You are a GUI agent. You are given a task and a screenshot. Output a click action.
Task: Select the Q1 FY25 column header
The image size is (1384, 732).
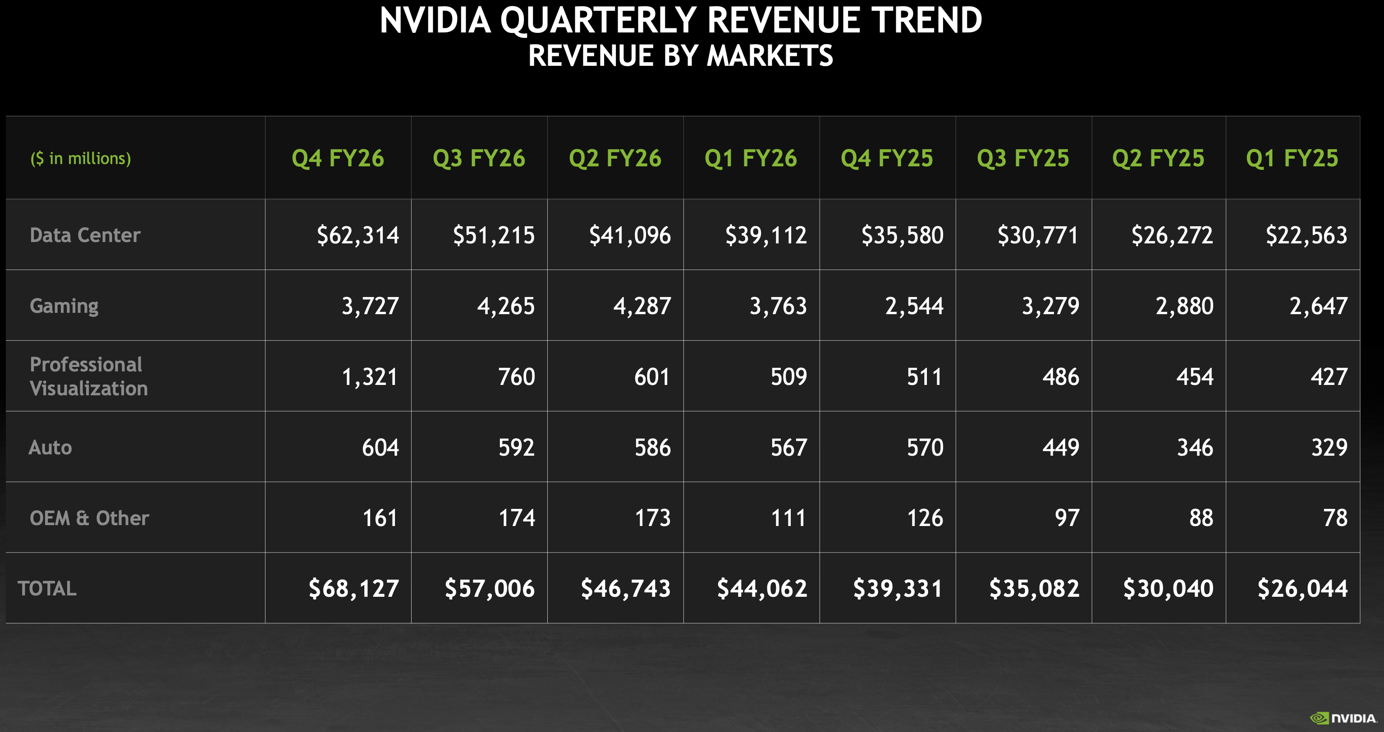pos(1292,158)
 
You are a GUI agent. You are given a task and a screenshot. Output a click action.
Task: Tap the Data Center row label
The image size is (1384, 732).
pos(85,235)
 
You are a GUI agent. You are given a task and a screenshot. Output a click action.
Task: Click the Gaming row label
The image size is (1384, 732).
pos(64,306)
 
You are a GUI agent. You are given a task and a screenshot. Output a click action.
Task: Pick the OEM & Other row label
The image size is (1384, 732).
pos(89,518)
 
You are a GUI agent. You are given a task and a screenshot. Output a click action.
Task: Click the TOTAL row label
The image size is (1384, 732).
pos(47,589)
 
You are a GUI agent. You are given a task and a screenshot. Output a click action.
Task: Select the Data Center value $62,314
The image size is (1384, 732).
pos(358,235)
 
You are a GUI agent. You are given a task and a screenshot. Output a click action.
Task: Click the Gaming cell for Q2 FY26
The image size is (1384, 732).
pos(642,306)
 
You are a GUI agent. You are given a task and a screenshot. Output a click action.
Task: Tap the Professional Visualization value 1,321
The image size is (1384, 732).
pos(370,377)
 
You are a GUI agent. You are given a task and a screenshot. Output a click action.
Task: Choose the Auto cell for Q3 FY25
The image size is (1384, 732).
pos(1061,448)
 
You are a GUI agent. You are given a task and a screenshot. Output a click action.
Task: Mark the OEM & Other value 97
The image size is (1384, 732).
pos(1067,518)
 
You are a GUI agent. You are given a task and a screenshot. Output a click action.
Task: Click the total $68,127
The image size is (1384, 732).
pos(353,589)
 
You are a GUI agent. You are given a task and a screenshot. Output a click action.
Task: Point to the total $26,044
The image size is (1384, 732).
pos(1302,589)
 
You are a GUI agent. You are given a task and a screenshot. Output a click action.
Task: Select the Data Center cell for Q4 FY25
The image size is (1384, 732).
pos(902,235)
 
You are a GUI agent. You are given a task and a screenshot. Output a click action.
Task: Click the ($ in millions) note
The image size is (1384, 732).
pos(81,158)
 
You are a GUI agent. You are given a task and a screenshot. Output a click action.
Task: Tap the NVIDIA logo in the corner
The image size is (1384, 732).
pos(1343,718)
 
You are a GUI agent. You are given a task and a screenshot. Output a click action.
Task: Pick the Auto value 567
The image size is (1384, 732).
pos(788,448)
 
